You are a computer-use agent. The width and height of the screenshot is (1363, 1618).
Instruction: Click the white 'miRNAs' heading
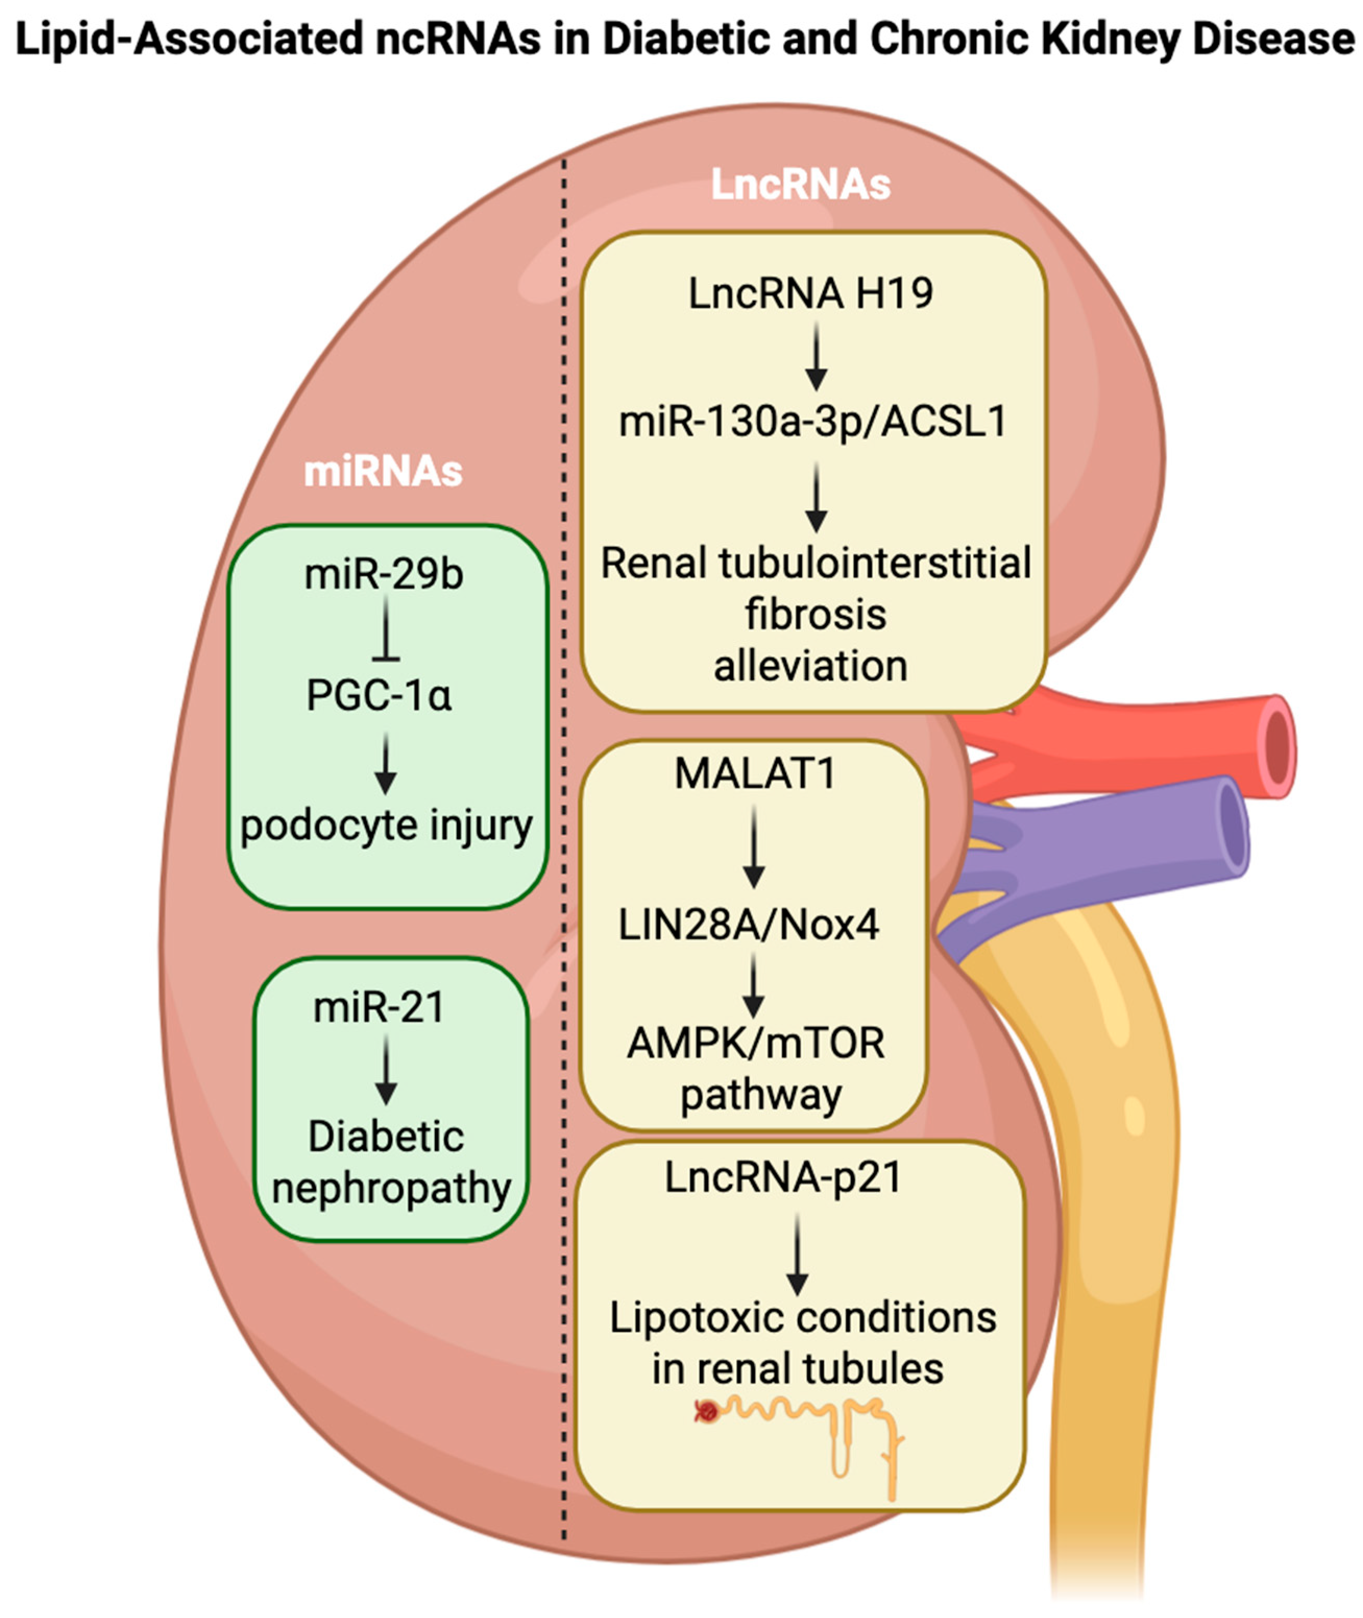tap(383, 471)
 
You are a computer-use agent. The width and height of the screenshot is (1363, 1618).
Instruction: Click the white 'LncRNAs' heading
tap(800, 185)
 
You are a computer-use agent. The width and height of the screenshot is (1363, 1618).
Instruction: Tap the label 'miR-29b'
tap(384, 574)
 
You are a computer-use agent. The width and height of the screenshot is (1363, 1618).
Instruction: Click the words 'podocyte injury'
tap(386, 825)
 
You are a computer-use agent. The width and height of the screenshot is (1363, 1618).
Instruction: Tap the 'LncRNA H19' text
tap(810, 294)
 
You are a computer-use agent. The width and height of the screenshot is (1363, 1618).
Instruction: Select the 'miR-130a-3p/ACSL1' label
tap(813, 422)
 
